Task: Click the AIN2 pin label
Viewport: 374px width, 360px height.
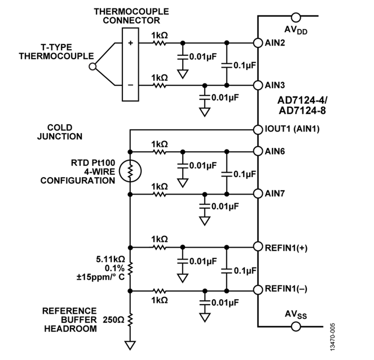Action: pos(276,43)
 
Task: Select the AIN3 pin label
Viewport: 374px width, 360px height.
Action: pos(276,85)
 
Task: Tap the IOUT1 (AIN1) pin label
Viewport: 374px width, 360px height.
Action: pos(292,129)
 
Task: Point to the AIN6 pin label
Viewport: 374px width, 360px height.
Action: pos(276,151)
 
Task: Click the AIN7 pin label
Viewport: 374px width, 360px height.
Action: pos(276,194)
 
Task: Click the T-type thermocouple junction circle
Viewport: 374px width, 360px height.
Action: pos(92,66)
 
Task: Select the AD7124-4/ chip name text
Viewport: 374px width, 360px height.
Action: pos(300,101)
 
